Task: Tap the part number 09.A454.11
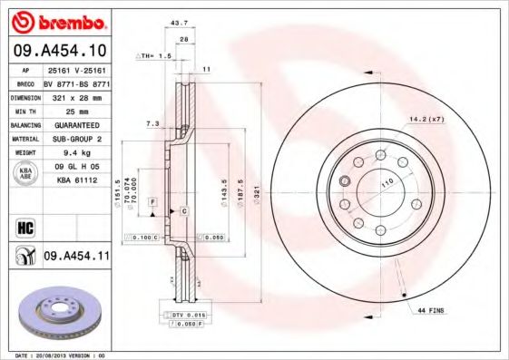click(77, 258)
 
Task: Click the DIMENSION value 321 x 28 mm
click(77, 94)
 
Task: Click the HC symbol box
click(25, 225)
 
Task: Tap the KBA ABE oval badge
click(25, 172)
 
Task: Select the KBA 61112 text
click(77, 180)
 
